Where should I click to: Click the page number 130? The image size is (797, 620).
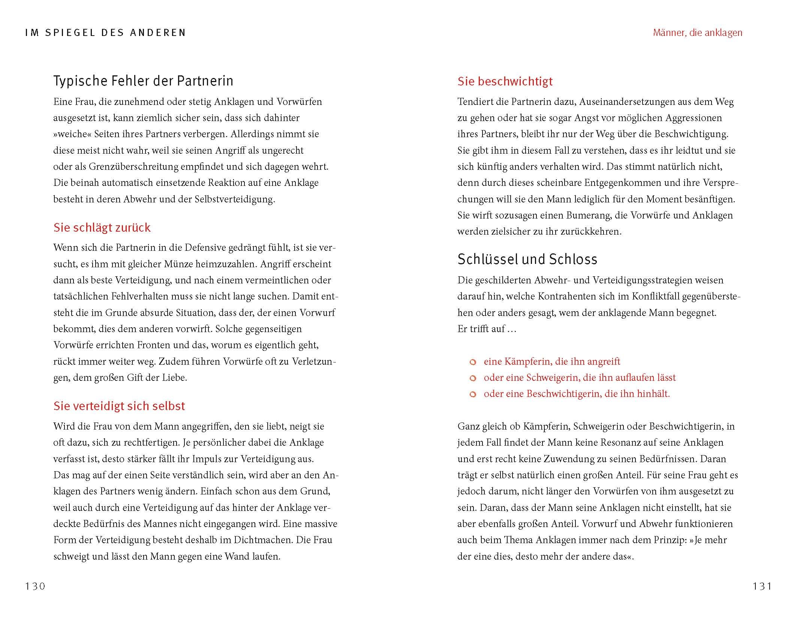pos(35,586)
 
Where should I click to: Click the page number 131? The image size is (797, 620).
pos(762,586)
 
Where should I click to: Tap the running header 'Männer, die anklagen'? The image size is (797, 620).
pos(697,33)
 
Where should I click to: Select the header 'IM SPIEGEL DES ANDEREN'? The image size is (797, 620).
pos(105,33)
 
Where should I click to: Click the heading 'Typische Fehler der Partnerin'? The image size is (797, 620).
pos(143,81)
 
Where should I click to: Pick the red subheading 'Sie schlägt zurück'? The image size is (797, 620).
pos(102,228)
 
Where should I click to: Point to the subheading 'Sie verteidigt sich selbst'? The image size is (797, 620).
pos(119,406)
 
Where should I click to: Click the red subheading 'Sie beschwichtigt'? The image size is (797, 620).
pos(505,81)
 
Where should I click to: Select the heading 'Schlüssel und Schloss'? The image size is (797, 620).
pos(527,259)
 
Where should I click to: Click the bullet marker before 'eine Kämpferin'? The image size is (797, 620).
pos(473,362)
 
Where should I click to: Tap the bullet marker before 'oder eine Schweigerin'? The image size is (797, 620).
pos(473,378)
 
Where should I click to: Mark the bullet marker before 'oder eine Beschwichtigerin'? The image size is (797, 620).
pos(473,394)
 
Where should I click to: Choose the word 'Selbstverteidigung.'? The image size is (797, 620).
pos(235,199)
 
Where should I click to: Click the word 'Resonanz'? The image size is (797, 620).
pos(620,443)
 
